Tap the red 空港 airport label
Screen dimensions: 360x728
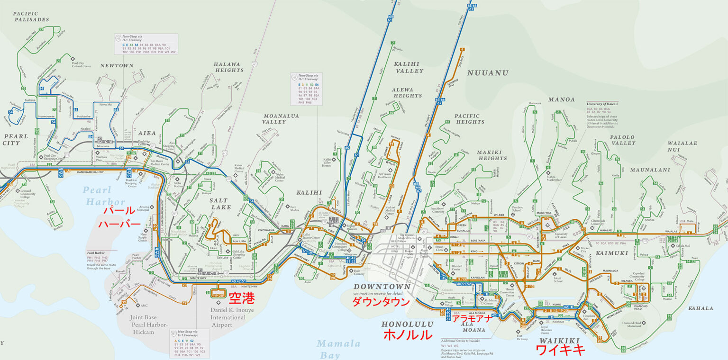(242, 298)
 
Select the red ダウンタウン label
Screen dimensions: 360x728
(381, 302)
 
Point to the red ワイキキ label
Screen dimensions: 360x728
(559, 350)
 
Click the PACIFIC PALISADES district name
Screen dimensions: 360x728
(31, 17)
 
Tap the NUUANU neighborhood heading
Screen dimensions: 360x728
(488, 73)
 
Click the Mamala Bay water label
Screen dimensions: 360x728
(338, 349)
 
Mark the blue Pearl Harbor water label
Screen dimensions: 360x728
(104, 196)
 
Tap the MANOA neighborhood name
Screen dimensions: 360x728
(561, 99)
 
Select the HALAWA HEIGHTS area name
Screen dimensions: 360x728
(228, 67)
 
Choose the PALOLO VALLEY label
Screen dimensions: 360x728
(622, 140)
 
